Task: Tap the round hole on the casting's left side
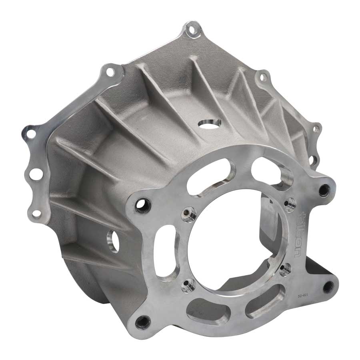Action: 113,242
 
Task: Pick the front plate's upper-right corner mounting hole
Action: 323,190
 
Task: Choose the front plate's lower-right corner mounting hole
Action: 329,286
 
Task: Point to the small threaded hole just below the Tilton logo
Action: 285,269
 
